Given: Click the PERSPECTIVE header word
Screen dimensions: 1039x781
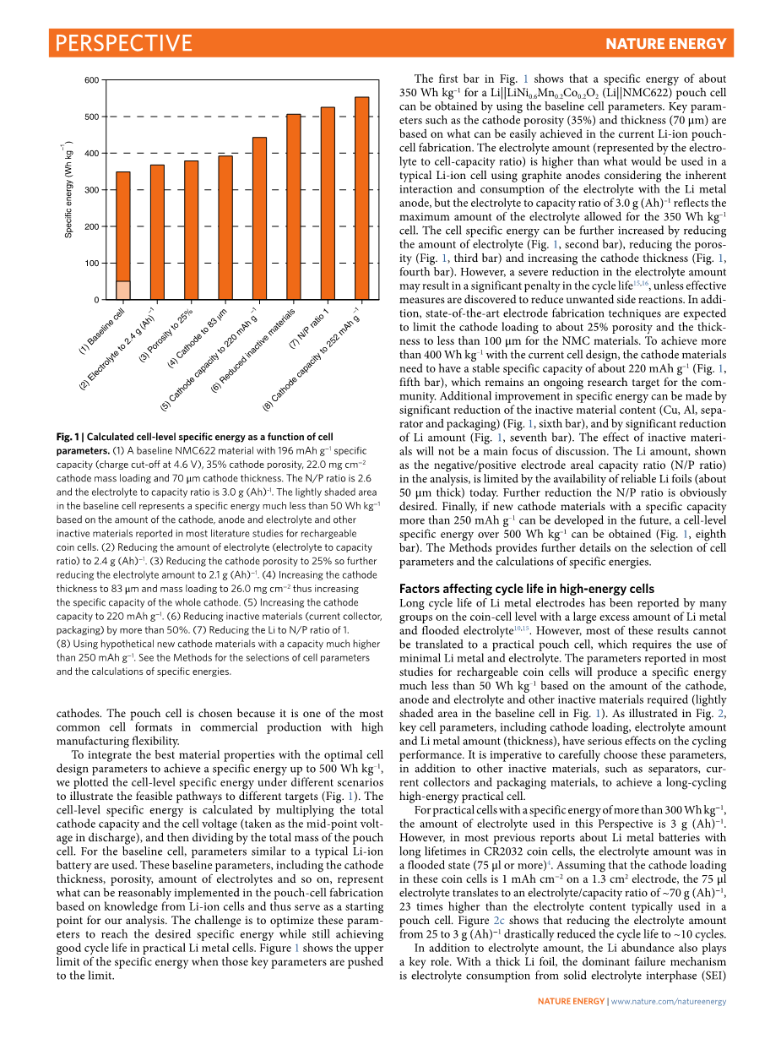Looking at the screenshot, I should [x=123, y=43].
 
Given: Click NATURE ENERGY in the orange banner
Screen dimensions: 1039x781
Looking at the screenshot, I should [x=665, y=44].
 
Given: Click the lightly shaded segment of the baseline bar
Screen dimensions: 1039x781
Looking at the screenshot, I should [x=123, y=291].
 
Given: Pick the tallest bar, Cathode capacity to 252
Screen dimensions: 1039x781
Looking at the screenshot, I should [x=361, y=199].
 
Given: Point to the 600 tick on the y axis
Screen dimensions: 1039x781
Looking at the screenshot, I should [x=92, y=80].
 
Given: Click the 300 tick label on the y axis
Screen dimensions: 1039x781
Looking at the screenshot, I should [x=92, y=190].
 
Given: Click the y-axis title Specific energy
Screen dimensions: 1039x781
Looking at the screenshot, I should [x=69, y=189].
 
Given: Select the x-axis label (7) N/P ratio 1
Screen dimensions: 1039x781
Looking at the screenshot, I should [x=309, y=330].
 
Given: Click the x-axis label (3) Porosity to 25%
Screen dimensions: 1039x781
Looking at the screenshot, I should [x=166, y=332].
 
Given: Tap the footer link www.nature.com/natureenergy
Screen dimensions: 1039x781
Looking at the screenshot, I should [x=668, y=1002].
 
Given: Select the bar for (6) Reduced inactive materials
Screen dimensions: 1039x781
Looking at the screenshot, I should [x=293, y=207].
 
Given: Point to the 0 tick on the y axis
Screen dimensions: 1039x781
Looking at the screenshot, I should [x=96, y=300].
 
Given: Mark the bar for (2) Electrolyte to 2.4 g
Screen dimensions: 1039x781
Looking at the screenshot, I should [x=157, y=232].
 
